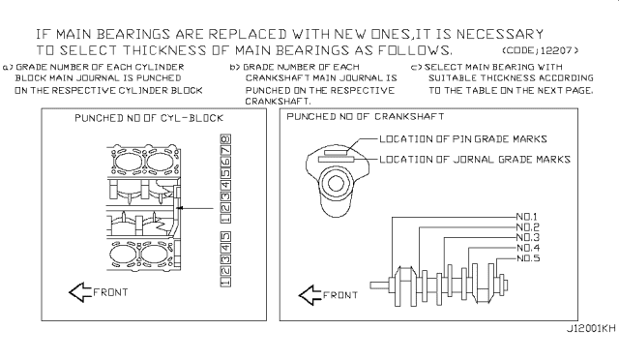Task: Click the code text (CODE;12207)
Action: pyautogui.click(x=541, y=50)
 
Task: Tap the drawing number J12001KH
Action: pyautogui.click(x=591, y=329)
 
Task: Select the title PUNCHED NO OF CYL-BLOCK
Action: pyautogui.click(x=149, y=118)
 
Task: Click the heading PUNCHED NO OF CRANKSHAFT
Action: pyautogui.click(x=366, y=116)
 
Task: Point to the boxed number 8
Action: pyautogui.click(x=225, y=139)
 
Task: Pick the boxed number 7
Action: pyautogui.click(x=225, y=151)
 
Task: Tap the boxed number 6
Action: pyautogui.click(x=225, y=162)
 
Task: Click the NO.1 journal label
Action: pyautogui.click(x=527, y=217)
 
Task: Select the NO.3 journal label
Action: pyautogui.click(x=528, y=237)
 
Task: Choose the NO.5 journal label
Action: pyautogui.click(x=528, y=258)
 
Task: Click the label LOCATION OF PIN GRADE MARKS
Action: pyautogui.click(x=463, y=139)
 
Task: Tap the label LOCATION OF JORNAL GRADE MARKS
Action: pyautogui.click(x=475, y=160)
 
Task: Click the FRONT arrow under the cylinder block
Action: pyautogui.click(x=80, y=292)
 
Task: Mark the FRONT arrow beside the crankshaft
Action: pyautogui.click(x=310, y=295)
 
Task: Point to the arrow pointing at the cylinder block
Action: pyautogui.click(x=194, y=208)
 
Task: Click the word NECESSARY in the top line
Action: pyautogui.click(x=500, y=34)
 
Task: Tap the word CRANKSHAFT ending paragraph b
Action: pyautogui.click(x=278, y=102)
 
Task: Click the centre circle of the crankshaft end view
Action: pyautogui.click(x=336, y=183)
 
